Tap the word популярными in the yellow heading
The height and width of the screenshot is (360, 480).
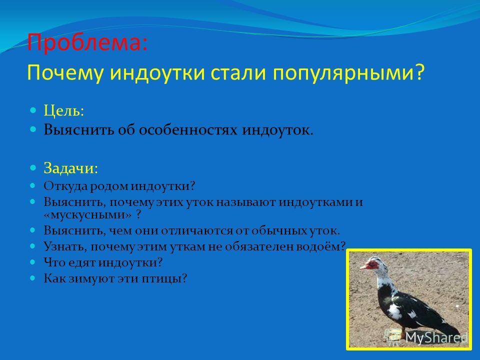(x=344, y=73)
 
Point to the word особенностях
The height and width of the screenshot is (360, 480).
(x=188, y=130)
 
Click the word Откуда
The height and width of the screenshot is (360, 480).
(x=66, y=186)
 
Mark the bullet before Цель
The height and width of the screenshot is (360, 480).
(x=33, y=110)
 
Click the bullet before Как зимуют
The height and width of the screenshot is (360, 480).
(x=33, y=278)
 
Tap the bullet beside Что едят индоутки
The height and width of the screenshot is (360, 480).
(x=33, y=262)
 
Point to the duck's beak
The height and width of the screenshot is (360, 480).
(x=363, y=266)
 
